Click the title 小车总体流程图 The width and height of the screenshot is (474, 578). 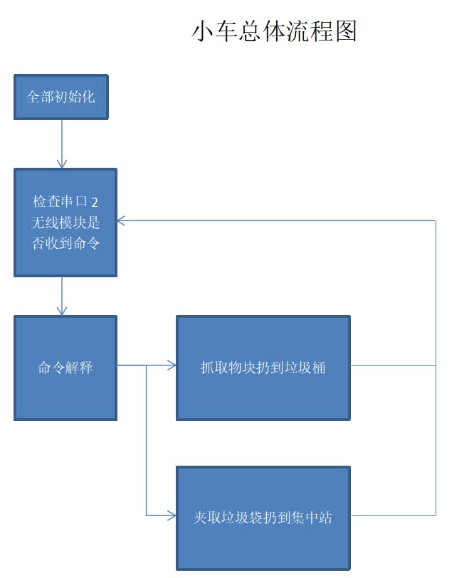point(274,32)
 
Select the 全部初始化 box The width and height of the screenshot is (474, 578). point(60,97)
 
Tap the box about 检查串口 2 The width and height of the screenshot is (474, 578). point(65,223)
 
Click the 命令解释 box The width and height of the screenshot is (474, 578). point(65,368)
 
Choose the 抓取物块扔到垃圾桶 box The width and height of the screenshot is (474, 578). point(263,368)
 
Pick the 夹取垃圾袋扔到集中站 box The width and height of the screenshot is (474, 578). point(263,518)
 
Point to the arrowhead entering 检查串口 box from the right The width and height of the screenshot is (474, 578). point(122,220)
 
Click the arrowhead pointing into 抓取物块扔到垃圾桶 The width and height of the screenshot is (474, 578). point(172,366)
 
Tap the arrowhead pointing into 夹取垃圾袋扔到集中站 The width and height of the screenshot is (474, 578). point(172,515)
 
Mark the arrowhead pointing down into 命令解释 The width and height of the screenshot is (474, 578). point(62,311)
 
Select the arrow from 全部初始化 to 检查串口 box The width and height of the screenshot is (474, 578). point(62,144)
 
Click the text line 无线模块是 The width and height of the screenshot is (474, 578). point(65,223)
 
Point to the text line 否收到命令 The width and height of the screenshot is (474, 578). point(65,243)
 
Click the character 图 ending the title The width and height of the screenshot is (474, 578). point(346,32)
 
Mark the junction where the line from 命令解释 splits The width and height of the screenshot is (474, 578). point(147,366)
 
